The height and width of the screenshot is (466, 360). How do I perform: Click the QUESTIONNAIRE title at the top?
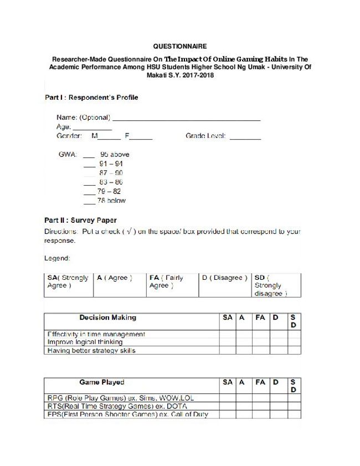click(x=179, y=47)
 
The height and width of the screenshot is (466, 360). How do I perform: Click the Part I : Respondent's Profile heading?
click(x=91, y=98)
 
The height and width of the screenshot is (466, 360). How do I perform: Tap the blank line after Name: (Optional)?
click(x=186, y=118)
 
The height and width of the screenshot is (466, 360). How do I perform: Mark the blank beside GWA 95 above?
click(x=89, y=155)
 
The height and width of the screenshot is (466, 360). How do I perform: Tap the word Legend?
click(x=57, y=258)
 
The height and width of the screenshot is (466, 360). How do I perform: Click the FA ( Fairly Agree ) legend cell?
click(x=172, y=281)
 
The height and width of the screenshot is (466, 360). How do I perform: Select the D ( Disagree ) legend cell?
click(x=224, y=278)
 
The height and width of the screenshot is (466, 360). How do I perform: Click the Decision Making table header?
click(x=107, y=318)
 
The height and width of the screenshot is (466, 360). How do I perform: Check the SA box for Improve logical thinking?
click(x=228, y=342)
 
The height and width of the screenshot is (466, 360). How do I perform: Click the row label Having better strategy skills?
click(x=91, y=351)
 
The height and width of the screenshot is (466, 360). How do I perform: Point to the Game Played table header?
click(x=101, y=382)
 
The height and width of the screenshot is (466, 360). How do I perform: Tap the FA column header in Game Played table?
click(x=260, y=382)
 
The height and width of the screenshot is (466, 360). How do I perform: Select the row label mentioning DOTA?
click(x=116, y=406)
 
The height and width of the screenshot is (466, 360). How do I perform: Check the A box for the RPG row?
click(x=242, y=398)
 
